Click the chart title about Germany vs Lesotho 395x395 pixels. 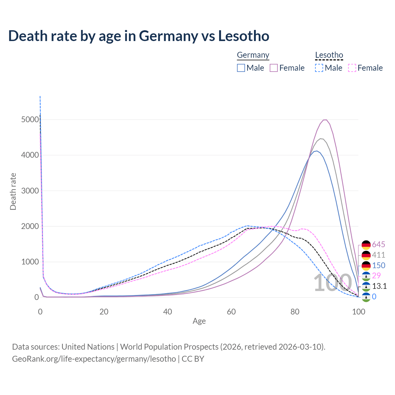tap(139, 36)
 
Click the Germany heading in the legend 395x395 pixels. tap(253, 55)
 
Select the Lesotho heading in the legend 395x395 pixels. tap(329, 55)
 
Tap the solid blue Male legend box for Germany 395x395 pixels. tap(241, 68)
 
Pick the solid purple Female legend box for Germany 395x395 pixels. tap(274, 68)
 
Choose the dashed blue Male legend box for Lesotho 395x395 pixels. tap(319, 68)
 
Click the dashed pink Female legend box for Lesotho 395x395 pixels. tap(352, 68)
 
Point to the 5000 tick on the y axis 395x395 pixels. tap(30, 119)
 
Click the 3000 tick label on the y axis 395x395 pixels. tap(30, 191)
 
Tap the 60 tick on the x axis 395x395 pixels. tap(231, 312)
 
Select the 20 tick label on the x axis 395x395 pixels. tap(104, 312)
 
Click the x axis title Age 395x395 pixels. tap(199, 321)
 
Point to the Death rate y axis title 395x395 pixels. tap(13, 191)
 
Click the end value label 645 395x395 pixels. tap(378, 245)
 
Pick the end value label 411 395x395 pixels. tap(378, 255)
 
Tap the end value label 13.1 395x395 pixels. tap(379, 286)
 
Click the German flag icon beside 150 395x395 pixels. tap(366, 265)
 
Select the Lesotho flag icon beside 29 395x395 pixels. tap(366, 276)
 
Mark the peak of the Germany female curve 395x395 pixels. tap(325, 120)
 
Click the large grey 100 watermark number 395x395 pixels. tap(333, 283)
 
